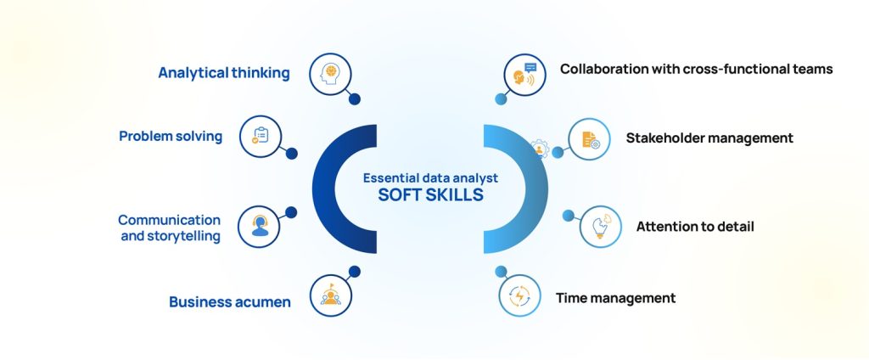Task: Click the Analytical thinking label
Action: coord(224,73)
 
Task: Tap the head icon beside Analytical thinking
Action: coord(330,73)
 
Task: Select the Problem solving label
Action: coord(171,136)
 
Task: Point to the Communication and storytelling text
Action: coord(170,228)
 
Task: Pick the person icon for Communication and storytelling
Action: coord(260,227)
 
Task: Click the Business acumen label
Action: coord(229,301)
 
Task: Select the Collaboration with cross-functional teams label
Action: coord(696,69)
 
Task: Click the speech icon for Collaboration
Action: coord(524,75)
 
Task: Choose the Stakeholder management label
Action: coord(709,138)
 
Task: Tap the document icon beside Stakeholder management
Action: coord(589,138)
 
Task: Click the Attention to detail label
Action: coord(695,227)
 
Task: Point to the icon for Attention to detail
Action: coord(601,226)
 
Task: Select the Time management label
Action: coord(615,298)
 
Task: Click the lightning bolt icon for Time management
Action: coord(519,296)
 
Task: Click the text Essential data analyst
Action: coord(430,178)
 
